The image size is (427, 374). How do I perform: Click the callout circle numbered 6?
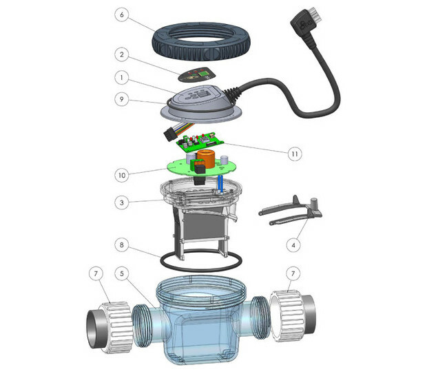coord(122,14)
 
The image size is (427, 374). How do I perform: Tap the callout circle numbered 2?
coord(122,54)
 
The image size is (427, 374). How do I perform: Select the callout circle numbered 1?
coord(122,78)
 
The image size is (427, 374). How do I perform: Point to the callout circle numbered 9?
coord(122,99)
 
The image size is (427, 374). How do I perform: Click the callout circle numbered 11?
coord(295,154)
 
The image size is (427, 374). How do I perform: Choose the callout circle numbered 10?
coord(122,175)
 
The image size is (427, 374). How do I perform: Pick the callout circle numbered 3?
coord(122,202)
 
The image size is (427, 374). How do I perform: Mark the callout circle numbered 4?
coord(293,245)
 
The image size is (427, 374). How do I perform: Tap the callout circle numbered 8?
coord(122,245)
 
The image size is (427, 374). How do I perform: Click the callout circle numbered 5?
coord(122,273)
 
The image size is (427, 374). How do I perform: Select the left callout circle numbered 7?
coord(96,273)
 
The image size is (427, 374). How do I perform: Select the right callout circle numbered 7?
coord(293,273)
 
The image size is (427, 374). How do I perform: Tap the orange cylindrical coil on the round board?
coord(207,159)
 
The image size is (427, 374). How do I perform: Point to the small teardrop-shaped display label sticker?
coord(196,74)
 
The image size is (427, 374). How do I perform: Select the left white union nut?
coord(116,327)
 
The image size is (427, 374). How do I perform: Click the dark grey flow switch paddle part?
coord(291,210)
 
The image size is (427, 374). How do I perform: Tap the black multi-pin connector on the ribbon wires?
coord(170,135)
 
